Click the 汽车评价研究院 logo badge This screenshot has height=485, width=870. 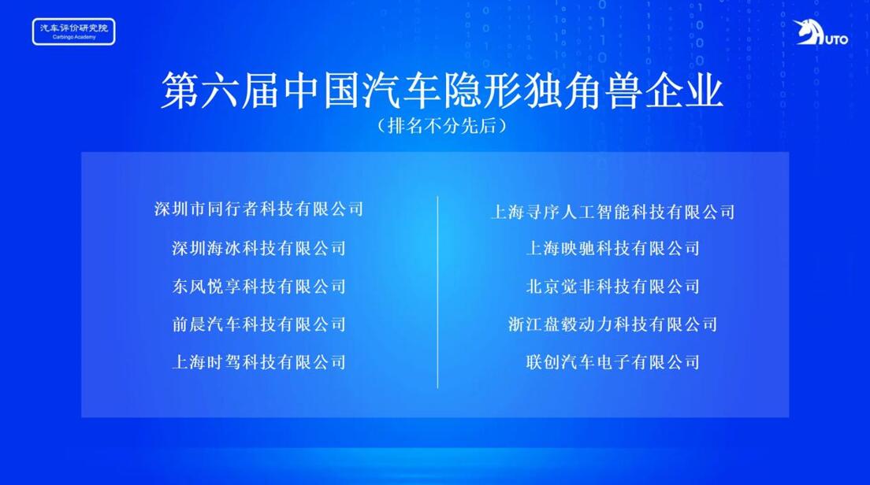74,31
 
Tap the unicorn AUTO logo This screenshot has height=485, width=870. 820,33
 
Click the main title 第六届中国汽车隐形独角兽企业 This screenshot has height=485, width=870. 442,91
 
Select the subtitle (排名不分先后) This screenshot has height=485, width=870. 442,126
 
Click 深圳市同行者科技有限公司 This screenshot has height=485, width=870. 259,209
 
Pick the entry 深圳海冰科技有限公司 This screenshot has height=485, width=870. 259,248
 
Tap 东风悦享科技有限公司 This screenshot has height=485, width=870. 259,286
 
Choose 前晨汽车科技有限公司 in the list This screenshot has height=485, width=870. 259,324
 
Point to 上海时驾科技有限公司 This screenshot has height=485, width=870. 259,362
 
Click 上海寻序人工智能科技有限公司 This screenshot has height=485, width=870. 613,211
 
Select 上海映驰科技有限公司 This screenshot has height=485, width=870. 613,248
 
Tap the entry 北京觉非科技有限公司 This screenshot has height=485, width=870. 613,286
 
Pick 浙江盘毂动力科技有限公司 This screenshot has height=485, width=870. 613,324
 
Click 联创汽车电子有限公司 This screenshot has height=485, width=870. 613,362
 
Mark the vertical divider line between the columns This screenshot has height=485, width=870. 438,292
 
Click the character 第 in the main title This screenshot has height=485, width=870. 180,91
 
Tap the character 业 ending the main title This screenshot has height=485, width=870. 705,91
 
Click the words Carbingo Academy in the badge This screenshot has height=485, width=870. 74,38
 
